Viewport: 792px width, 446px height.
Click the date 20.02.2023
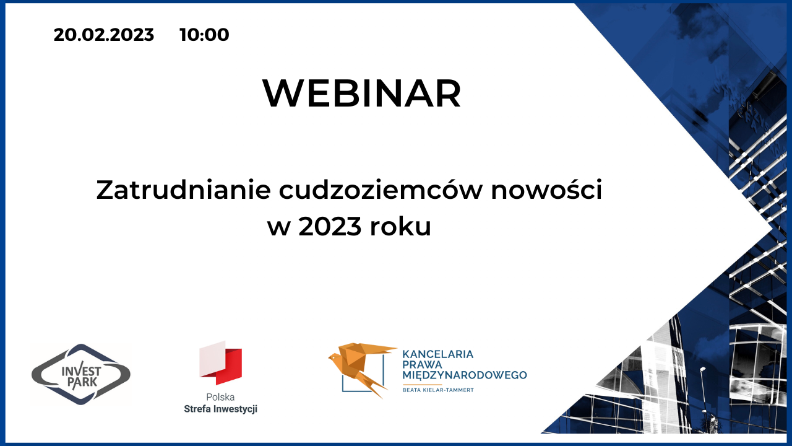[103, 35]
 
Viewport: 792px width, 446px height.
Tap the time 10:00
[204, 35]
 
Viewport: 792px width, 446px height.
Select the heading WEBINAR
[362, 93]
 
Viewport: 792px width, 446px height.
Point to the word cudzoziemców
[381, 190]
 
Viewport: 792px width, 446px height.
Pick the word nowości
[546, 190]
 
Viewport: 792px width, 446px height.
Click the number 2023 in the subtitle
[330, 227]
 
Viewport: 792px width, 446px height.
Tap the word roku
[400, 226]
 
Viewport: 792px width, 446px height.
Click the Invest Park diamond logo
[81, 374]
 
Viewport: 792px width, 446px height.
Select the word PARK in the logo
[82, 382]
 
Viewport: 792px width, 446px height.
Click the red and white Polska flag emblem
[221, 362]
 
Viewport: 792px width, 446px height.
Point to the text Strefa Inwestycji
[221, 409]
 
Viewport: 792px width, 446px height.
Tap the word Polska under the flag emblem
[220, 397]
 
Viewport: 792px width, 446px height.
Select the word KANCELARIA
[437, 354]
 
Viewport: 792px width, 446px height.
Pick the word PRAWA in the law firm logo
[422, 364]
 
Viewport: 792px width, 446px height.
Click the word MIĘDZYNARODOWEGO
[465, 375]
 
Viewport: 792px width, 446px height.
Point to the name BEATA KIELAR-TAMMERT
[438, 390]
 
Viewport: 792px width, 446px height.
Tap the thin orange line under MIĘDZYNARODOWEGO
[422, 385]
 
